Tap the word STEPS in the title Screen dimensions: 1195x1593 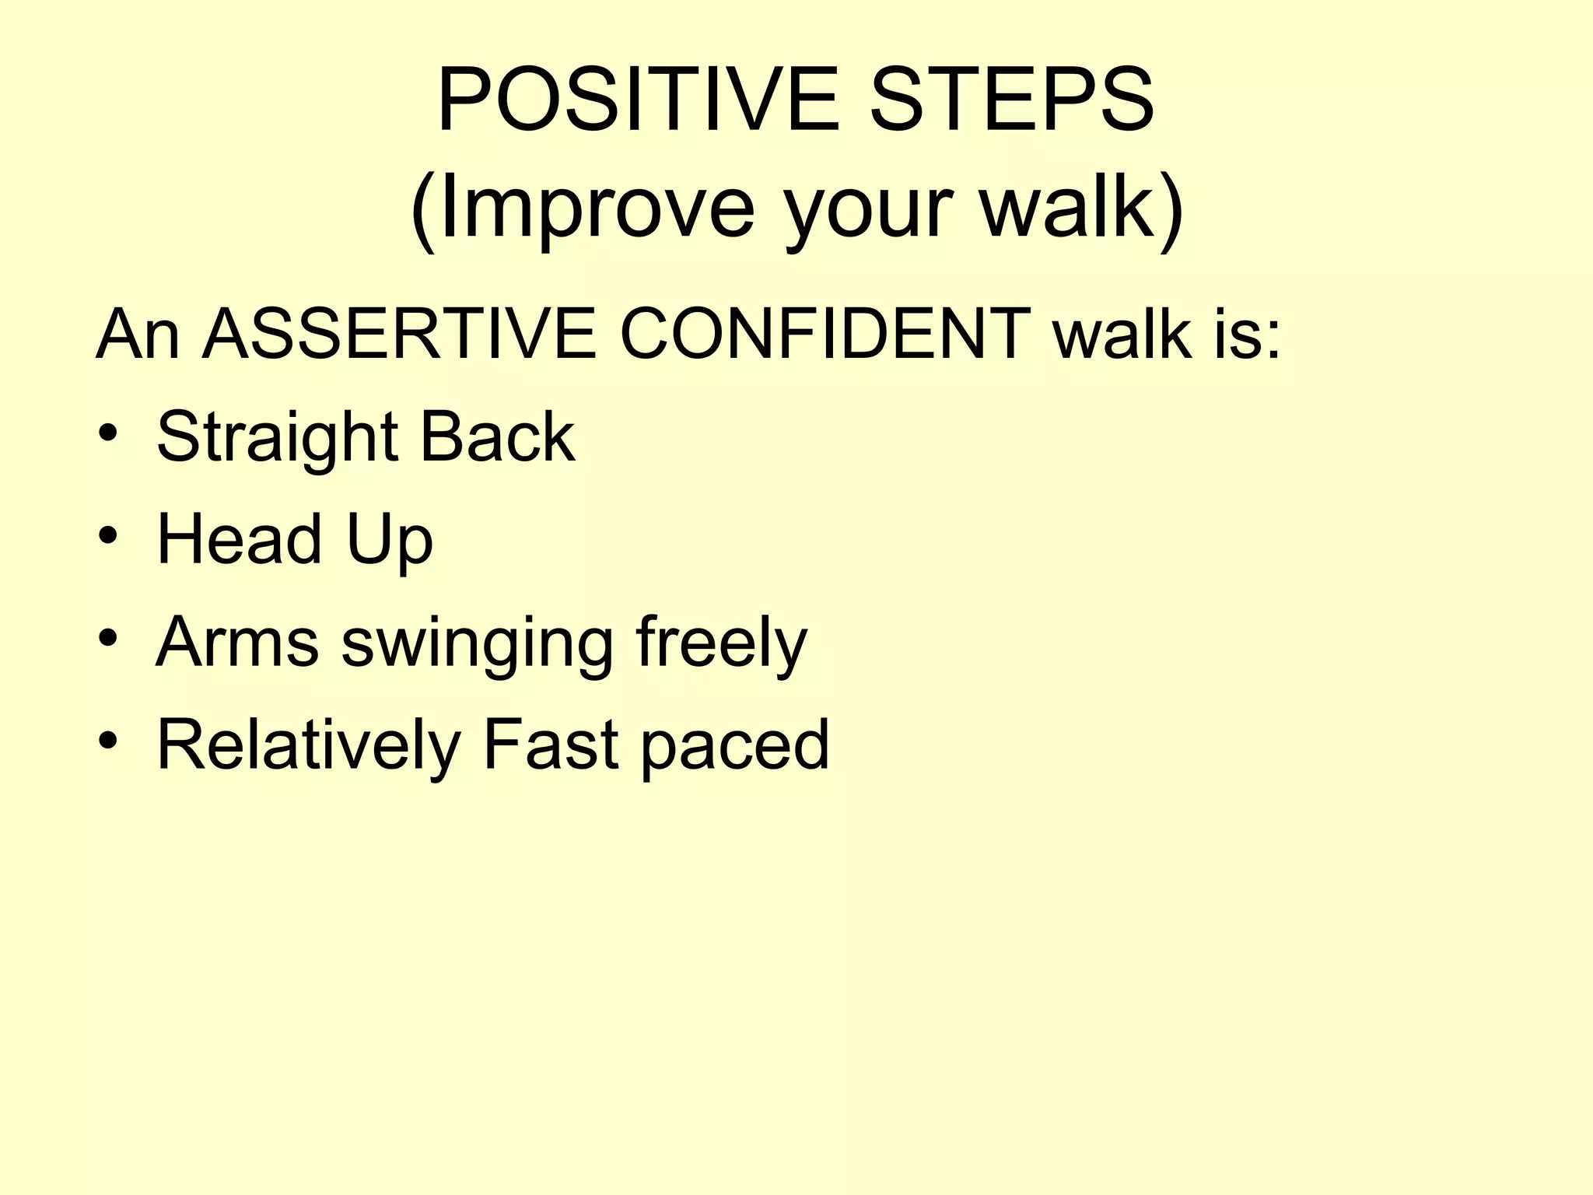[x=1011, y=100]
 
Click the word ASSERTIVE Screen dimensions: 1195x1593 [x=399, y=335]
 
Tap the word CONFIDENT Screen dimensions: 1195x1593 [x=825, y=335]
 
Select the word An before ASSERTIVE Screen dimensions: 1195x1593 [x=138, y=335]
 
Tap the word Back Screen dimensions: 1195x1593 [x=497, y=436]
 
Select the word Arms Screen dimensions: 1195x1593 [x=237, y=642]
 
